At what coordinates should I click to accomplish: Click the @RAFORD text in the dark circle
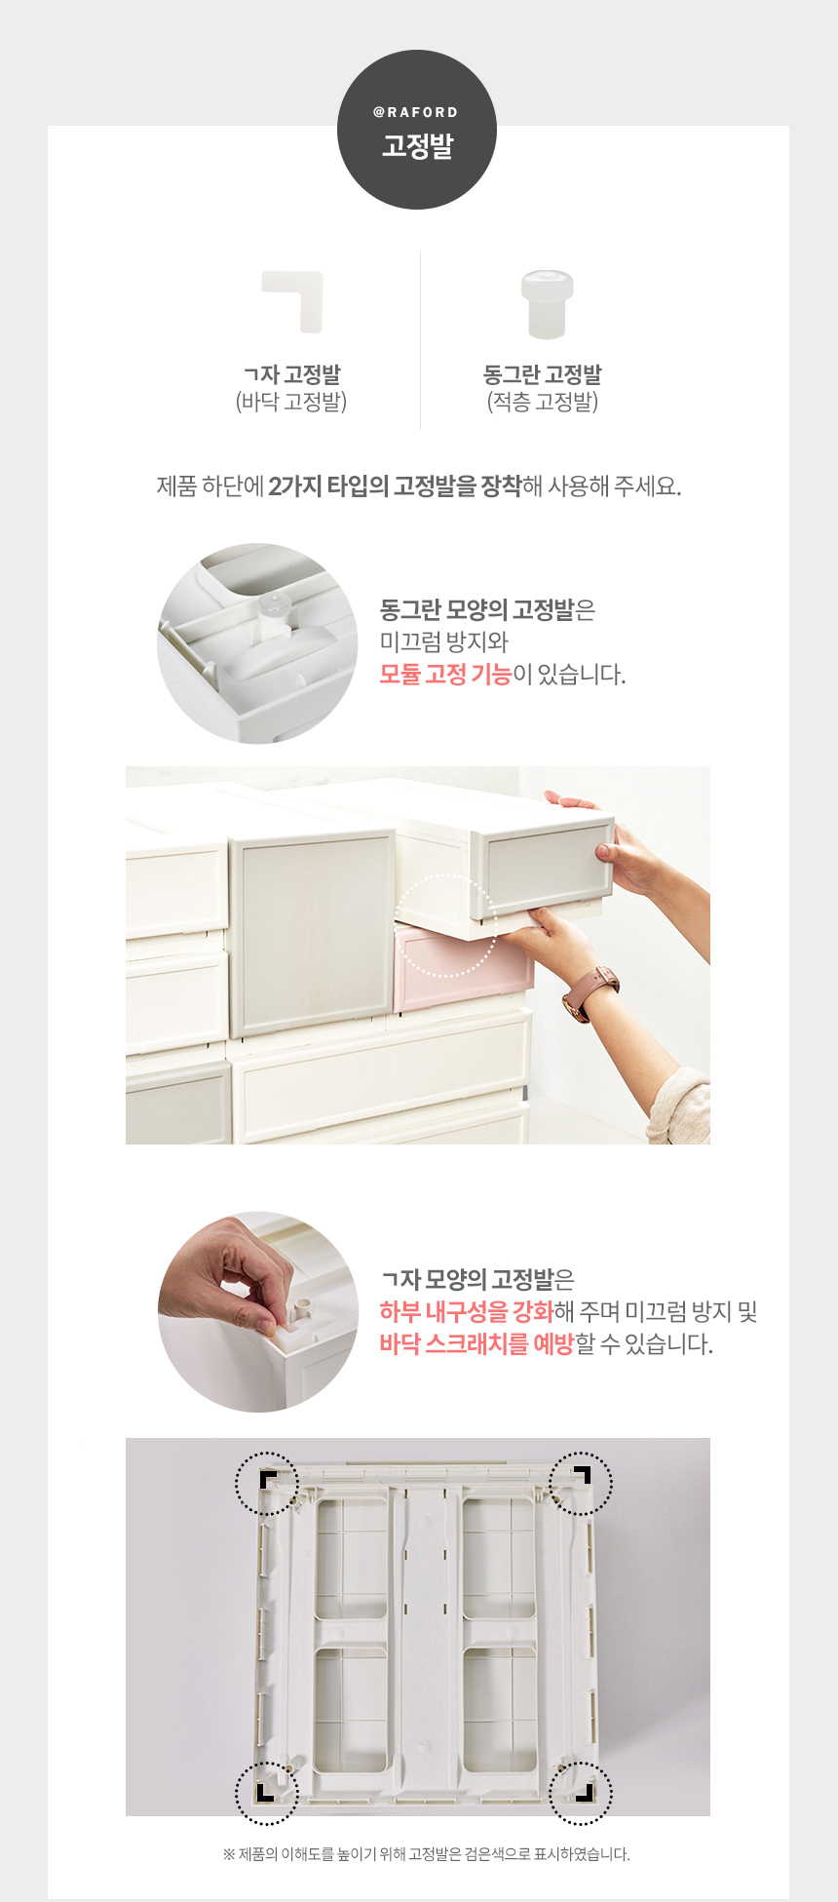[x=416, y=112]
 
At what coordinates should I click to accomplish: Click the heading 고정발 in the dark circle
[x=417, y=146]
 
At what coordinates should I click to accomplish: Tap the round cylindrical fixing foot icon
[x=547, y=304]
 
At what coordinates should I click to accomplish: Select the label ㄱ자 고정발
[x=291, y=374]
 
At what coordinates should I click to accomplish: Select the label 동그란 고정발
[x=543, y=374]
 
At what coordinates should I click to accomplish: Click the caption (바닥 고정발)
[x=291, y=402]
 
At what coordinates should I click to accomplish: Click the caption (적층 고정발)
[x=543, y=402]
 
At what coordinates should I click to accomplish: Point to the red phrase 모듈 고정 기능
[x=445, y=675]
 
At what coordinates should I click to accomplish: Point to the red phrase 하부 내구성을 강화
[x=467, y=1311]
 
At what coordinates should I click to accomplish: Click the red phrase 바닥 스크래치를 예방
[x=476, y=1344]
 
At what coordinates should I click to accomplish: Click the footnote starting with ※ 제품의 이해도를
[x=427, y=1854]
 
